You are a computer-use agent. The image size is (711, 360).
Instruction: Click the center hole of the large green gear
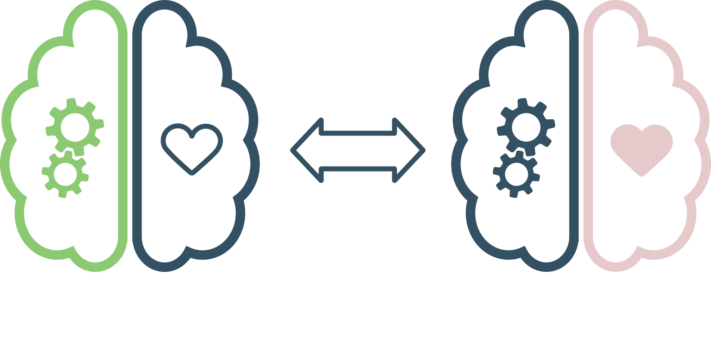75,127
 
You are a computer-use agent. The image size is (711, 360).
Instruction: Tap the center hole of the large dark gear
526,127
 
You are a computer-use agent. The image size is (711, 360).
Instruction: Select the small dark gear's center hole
516,174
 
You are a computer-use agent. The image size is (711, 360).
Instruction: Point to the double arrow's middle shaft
358,150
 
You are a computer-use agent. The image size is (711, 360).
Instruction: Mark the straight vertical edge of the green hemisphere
122,135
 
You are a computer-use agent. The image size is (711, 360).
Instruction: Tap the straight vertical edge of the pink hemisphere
588,135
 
